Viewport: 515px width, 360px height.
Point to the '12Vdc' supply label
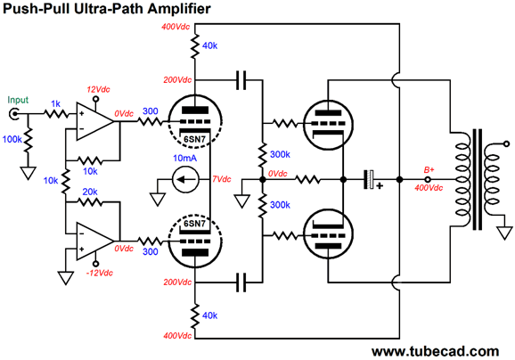pos(100,91)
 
